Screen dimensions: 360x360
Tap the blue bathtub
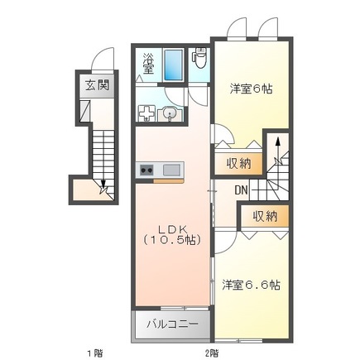173,64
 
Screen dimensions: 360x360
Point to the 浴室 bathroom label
148,63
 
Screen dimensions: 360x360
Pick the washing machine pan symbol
146,113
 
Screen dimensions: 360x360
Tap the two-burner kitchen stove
146,170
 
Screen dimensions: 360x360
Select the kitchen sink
171,170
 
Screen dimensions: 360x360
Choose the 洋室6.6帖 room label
251,286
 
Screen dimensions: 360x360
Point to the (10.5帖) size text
172,240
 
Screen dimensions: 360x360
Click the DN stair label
241,191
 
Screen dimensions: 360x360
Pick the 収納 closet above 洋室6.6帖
265,216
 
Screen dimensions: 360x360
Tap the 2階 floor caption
212,351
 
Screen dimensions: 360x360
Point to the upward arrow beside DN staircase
277,149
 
